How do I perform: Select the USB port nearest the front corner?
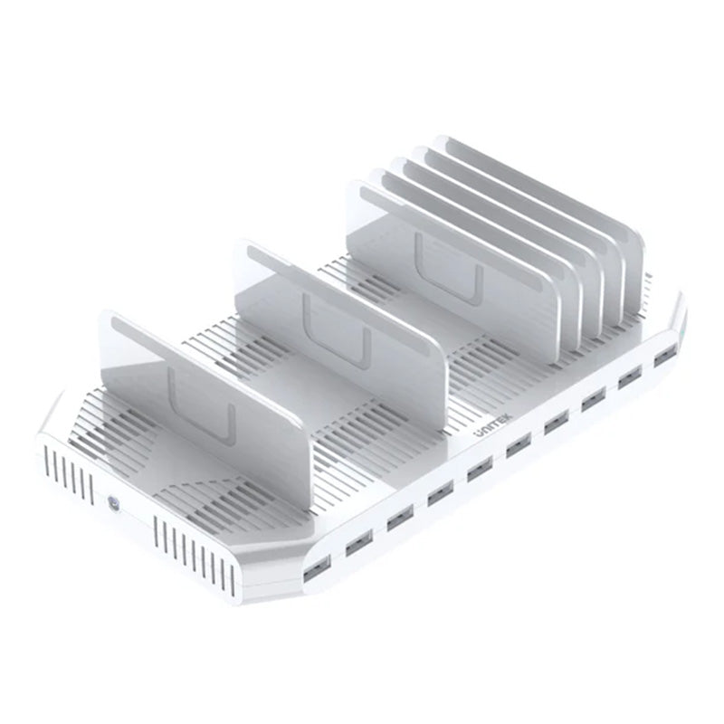pyautogui.click(x=317, y=568)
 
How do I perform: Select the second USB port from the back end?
pyautogui.click(x=629, y=378)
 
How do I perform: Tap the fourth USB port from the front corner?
pyautogui.click(x=441, y=492)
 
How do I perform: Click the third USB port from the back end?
pyautogui.click(x=594, y=399)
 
